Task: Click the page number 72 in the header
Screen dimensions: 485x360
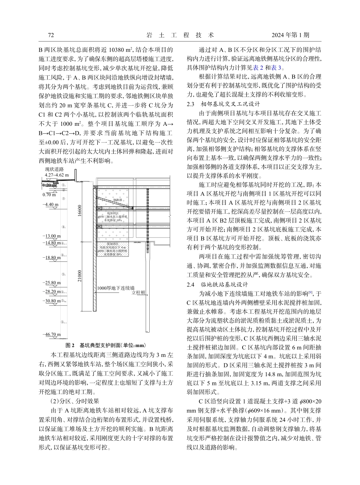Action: click(51, 35)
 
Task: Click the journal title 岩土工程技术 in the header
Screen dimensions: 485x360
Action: click(180, 35)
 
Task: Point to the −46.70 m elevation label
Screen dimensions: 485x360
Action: click(52, 335)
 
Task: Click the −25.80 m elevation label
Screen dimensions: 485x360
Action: click(52, 283)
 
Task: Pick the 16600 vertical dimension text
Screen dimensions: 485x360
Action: click(79, 210)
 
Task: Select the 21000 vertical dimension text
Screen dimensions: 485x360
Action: click(79, 276)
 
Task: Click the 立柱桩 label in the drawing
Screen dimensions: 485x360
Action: click(139, 293)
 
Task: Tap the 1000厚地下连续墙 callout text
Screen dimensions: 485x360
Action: click(115, 288)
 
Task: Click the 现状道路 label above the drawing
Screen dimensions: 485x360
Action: click(54, 169)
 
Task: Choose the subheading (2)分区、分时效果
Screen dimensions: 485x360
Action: click(74, 401)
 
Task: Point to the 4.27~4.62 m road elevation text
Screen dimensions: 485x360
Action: click(56, 175)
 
